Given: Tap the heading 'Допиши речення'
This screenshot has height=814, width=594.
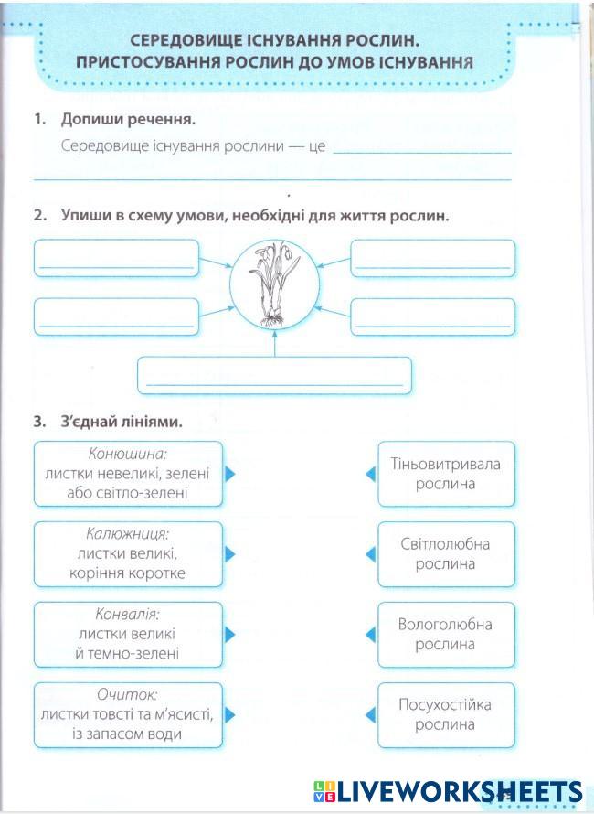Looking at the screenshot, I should (x=128, y=119).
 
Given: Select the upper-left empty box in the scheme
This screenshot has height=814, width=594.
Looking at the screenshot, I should (x=116, y=258).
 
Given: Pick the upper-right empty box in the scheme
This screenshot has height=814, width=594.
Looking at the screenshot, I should (x=433, y=258).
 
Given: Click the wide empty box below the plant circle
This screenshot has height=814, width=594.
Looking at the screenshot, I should (x=274, y=375).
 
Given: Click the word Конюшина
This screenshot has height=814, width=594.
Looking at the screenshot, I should (x=129, y=454).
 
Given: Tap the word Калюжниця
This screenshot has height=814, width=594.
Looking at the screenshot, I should (x=128, y=534).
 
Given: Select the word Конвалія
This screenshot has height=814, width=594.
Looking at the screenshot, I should (x=128, y=615).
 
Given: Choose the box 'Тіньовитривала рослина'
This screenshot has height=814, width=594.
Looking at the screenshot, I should (x=446, y=474).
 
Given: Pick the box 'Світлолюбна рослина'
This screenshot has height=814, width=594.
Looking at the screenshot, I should (x=446, y=554).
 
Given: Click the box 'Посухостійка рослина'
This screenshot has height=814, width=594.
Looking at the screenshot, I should (x=446, y=714).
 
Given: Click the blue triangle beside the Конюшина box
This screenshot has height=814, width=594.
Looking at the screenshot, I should (x=230, y=474).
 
